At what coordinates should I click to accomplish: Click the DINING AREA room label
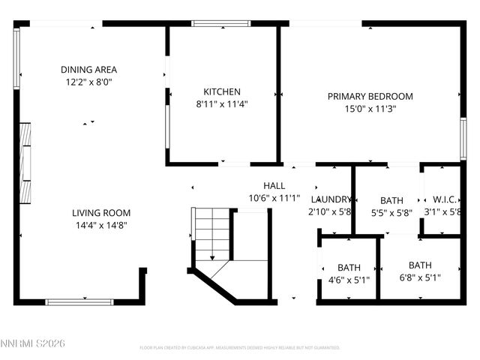[x=88, y=70]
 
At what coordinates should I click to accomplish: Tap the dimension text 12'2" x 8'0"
[x=88, y=82]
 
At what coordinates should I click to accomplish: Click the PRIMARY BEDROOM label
[x=370, y=96]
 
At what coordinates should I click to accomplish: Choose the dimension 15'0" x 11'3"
[x=370, y=109]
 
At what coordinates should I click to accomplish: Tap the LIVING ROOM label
[x=101, y=213]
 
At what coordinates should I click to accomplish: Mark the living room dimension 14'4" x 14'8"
[x=101, y=226]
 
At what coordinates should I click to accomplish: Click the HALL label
[x=274, y=186]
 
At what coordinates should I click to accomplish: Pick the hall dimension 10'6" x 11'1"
[x=274, y=199]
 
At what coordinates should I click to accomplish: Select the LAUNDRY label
[x=331, y=199]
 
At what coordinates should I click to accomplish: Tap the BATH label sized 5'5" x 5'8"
[x=391, y=200]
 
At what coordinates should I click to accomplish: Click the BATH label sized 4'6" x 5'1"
[x=349, y=268]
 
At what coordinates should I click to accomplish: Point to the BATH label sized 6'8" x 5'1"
[x=420, y=265]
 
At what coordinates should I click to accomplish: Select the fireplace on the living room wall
[x=26, y=163]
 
